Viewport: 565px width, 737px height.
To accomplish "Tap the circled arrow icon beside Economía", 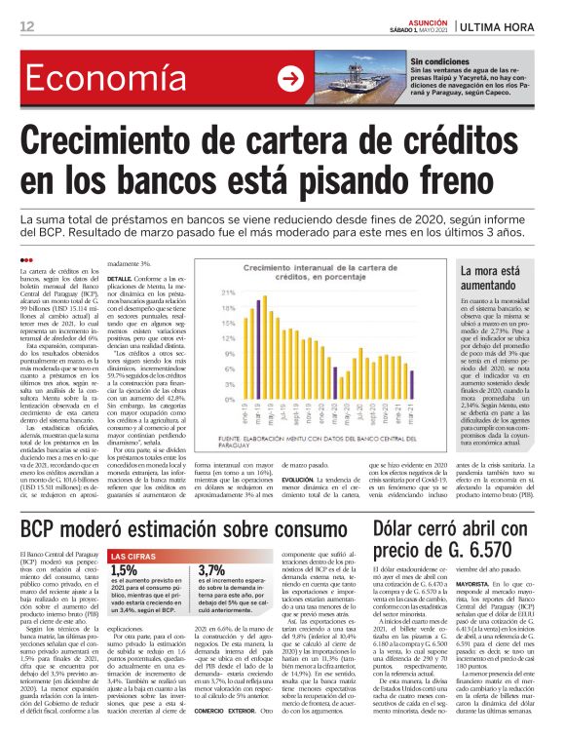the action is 289,79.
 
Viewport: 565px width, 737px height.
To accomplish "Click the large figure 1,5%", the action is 124,570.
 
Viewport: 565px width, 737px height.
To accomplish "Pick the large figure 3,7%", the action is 211,570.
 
